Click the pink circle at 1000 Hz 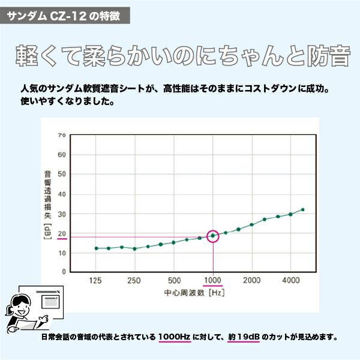tap(213, 236)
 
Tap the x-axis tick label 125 tap(96, 281)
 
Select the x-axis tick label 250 tap(134, 281)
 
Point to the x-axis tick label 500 tap(174, 281)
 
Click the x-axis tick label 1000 tap(213, 281)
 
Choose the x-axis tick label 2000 tap(252, 281)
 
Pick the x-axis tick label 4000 tap(291, 281)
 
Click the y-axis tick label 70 tap(62, 135)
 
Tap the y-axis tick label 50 tap(62, 175)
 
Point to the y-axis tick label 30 tap(62, 214)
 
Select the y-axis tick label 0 tap(64, 272)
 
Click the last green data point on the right tap(303, 209)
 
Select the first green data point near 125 tap(96, 248)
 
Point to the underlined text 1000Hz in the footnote tap(175, 337)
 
